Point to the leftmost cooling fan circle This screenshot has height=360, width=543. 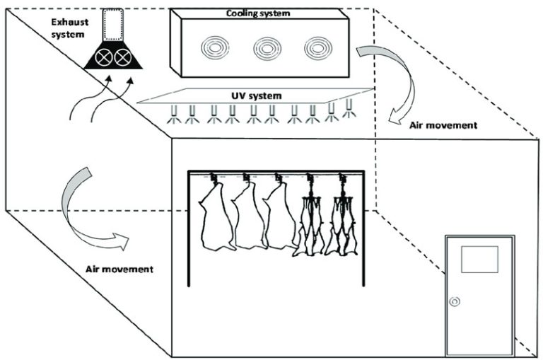[x=213, y=47]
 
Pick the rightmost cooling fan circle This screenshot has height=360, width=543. [x=317, y=47]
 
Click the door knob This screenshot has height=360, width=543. [x=455, y=301]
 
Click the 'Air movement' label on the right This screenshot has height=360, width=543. [x=443, y=125]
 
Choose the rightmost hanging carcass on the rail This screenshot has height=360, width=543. [x=343, y=216]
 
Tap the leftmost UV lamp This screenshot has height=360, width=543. [x=173, y=115]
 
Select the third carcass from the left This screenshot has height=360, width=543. [x=278, y=216]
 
